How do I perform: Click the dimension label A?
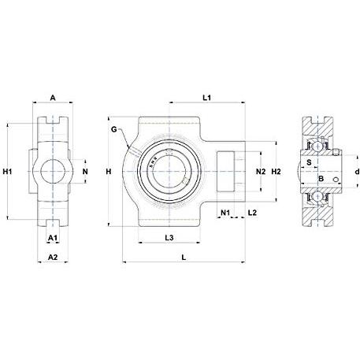click(x=53, y=98)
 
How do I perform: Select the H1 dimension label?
click(x=7, y=172)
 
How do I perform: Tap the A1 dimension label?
click(x=53, y=238)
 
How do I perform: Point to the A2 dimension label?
click(x=53, y=258)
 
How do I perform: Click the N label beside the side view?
click(x=85, y=172)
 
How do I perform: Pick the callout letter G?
click(x=114, y=129)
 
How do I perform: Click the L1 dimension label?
click(x=207, y=98)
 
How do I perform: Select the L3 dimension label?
click(x=169, y=238)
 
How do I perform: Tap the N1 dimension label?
click(x=225, y=213)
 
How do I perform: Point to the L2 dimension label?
click(x=252, y=213)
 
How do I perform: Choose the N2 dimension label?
click(x=261, y=172)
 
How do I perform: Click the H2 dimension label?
click(x=276, y=172)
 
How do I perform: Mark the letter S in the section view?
click(x=309, y=162)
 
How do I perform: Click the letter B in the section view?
click(x=321, y=179)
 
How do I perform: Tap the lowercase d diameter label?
click(x=357, y=172)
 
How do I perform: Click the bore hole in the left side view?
click(x=53, y=171)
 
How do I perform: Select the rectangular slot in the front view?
click(x=225, y=172)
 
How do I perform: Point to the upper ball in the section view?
click(x=317, y=145)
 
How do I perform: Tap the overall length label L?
click(x=184, y=258)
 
